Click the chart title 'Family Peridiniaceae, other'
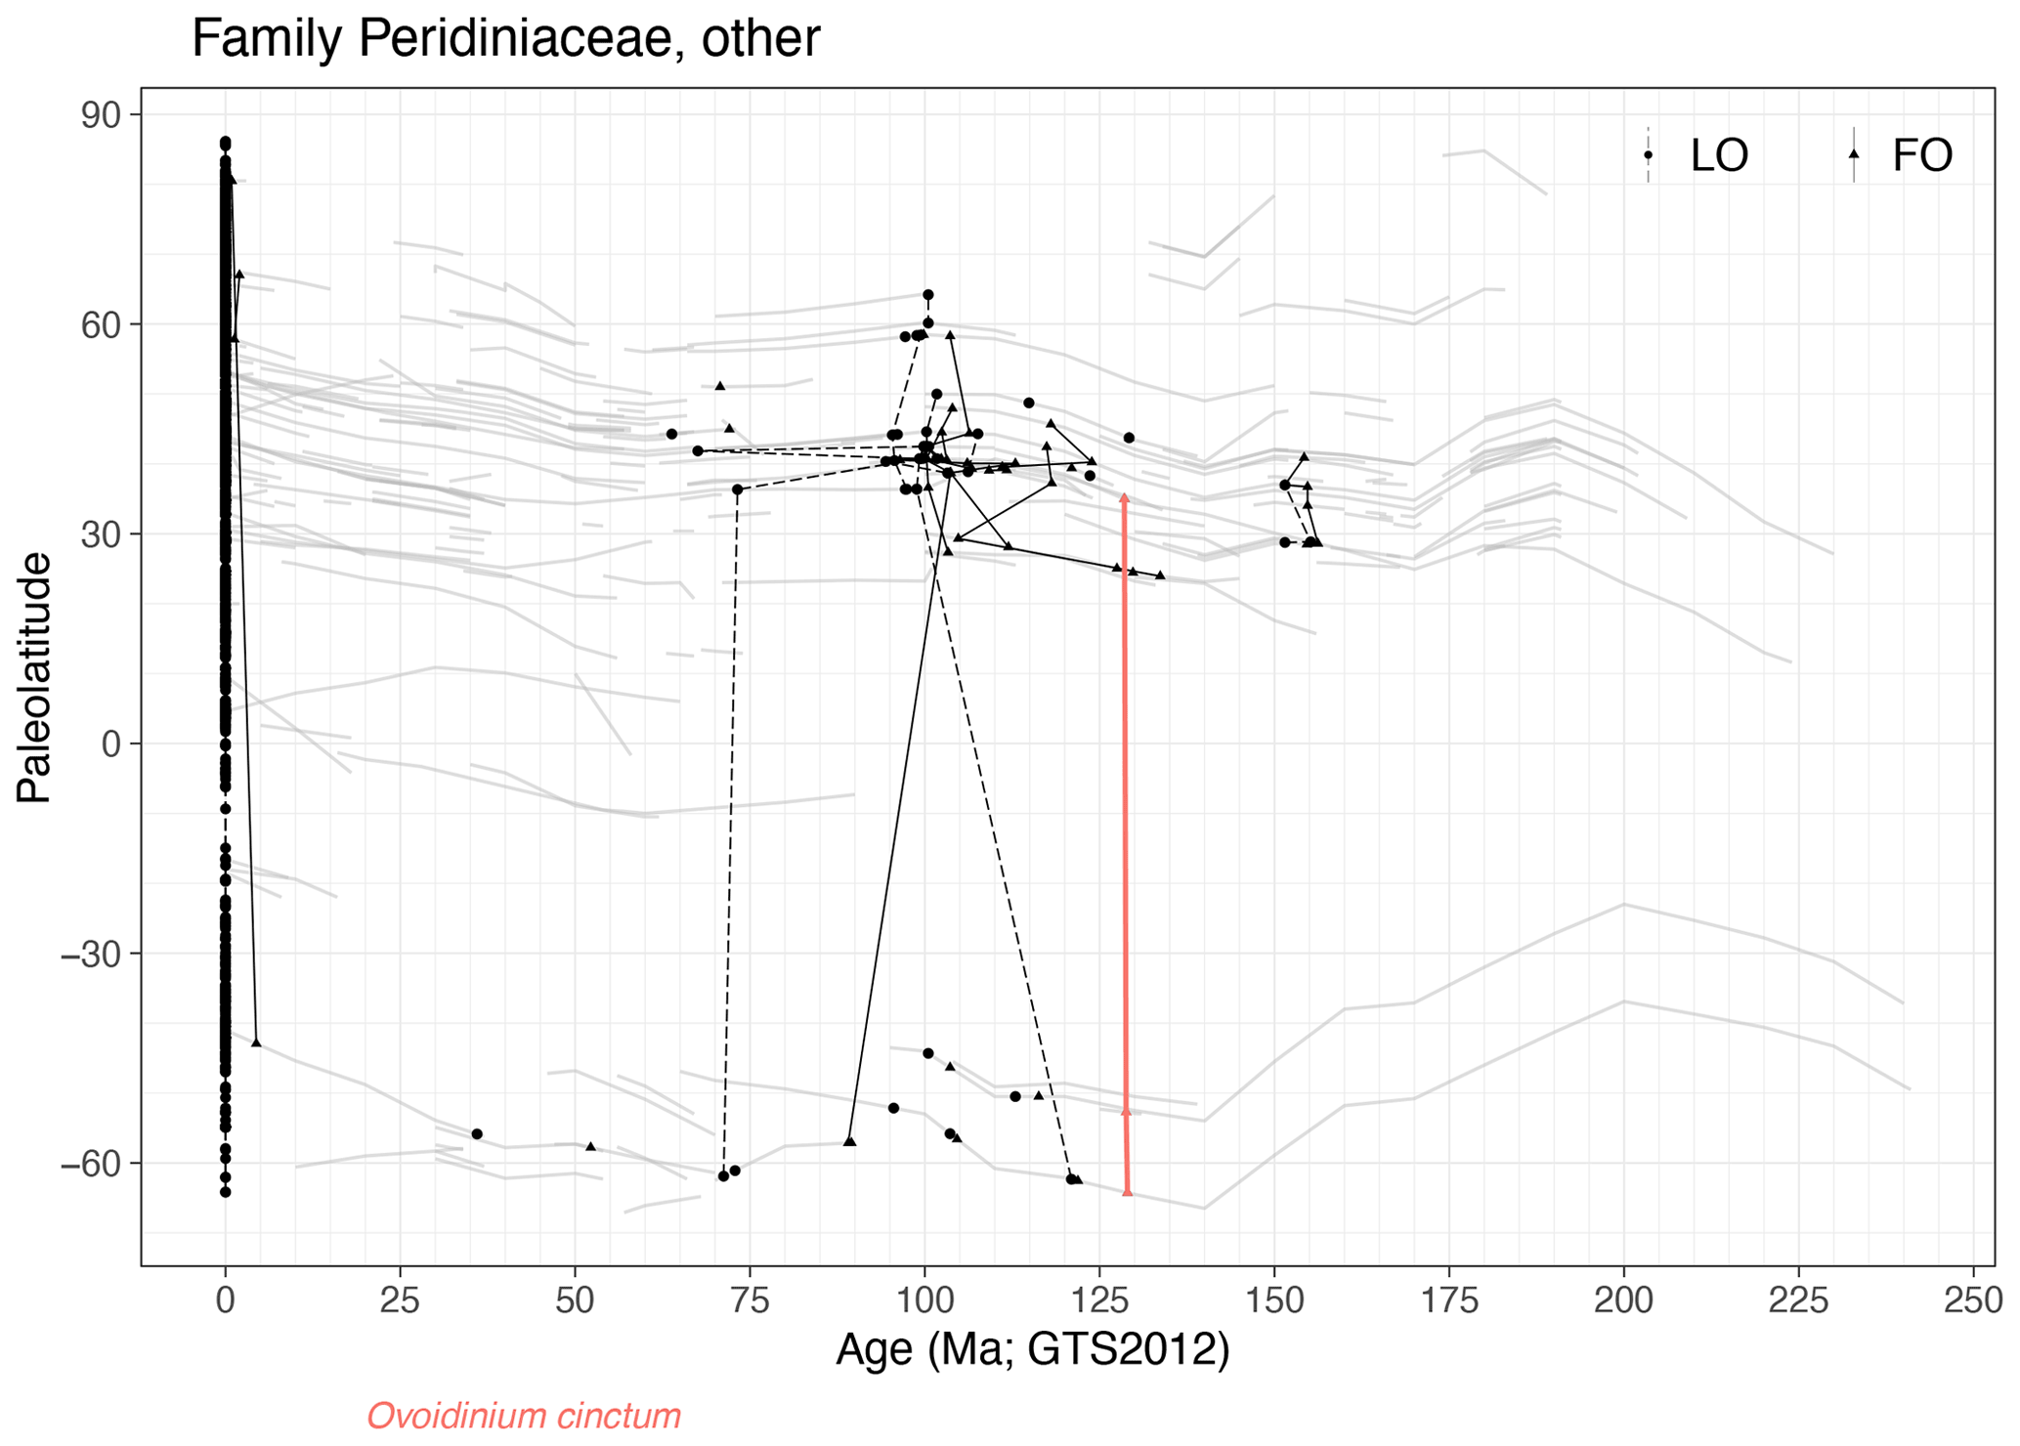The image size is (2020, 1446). pos(505,39)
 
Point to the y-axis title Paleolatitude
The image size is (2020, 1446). pos(34,677)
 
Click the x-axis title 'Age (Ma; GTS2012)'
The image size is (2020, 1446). pos(1032,1349)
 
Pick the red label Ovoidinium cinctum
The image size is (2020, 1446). pos(524,1416)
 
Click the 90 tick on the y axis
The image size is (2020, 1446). pos(100,115)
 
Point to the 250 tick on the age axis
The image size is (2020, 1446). pos(1972,1300)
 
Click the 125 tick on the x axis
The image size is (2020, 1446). pos(1099,1300)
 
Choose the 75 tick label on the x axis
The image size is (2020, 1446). pos(750,1300)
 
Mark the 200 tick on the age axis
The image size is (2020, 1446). pos(1623,1300)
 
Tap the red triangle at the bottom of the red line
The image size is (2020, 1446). pos(1127,1190)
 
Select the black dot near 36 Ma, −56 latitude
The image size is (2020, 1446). pos(477,1134)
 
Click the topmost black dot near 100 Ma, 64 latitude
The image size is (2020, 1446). pos(928,295)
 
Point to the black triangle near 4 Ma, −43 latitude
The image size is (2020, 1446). pos(256,1042)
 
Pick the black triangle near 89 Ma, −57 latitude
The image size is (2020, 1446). pos(849,1141)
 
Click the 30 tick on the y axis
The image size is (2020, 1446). pos(100,534)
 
